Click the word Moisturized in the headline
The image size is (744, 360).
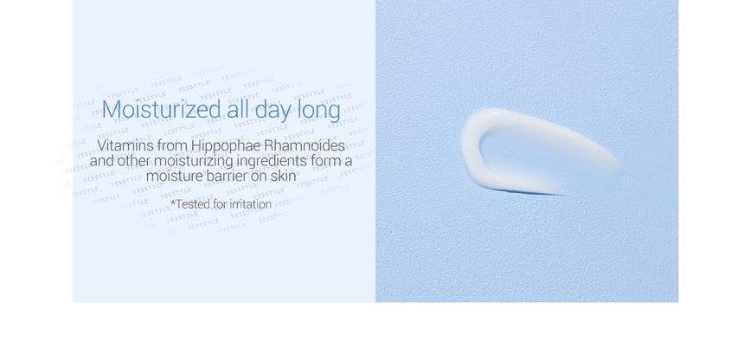(161, 110)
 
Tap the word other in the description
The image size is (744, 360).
(134, 160)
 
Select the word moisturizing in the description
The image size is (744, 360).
(194, 162)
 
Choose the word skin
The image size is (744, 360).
(285, 177)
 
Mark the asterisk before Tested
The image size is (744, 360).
(173, 202)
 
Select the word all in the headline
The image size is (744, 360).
(238, 110)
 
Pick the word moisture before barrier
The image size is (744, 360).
(174, 177)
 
